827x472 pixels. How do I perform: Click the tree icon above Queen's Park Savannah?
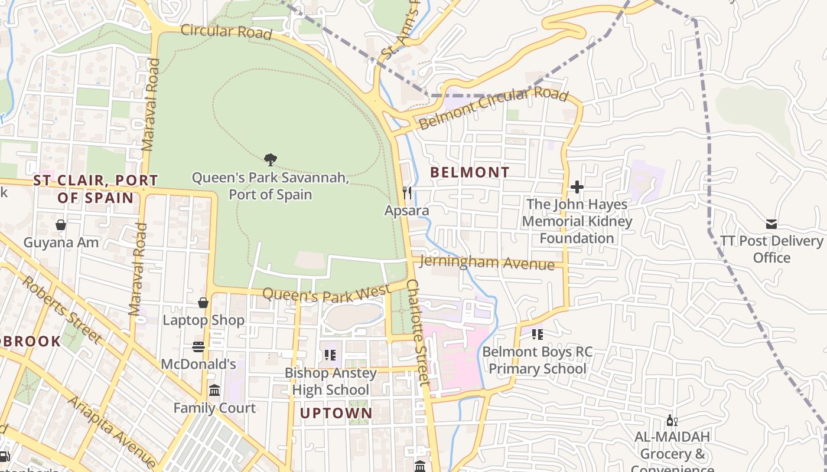pos(271,159)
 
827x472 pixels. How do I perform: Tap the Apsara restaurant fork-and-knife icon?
pos(407,193)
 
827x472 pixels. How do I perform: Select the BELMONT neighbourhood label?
pos(470,172)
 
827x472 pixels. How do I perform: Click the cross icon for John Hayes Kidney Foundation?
pos(577,187)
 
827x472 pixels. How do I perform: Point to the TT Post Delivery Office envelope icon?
pos(771,224)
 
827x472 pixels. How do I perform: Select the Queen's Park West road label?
pos(326,292)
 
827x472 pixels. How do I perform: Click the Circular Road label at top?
pos(226,31)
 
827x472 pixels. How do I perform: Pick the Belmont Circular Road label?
pos(494,107)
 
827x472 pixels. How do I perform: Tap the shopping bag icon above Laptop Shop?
pos(203,303)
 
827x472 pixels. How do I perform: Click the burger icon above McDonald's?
pos(198,347)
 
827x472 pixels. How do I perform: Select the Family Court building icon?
pos(214,391)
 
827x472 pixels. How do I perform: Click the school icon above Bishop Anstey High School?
pos(330,355)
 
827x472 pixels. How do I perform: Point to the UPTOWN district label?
pos(336,414)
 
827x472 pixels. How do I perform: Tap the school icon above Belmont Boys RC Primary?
pos(537,335)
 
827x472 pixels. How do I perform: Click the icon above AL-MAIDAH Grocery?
pos(672,420)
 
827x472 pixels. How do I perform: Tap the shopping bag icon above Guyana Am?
pos(61,225)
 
